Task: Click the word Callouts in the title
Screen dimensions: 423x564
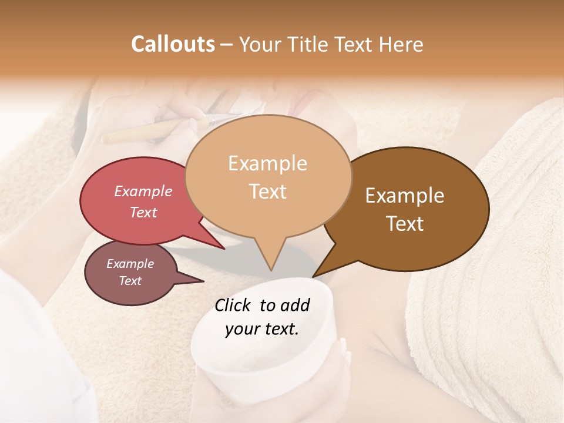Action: click(x=173, y=44)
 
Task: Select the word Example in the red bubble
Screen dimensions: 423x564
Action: click(x=143, y=191)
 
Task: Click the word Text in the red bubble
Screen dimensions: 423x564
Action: click(x=143, y=212)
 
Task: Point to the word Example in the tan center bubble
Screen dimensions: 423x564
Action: click(x=267, y=163)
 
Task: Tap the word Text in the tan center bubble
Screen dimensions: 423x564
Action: click(x=267, y=191)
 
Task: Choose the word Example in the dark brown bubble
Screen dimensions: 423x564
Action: click(x=405, y=196)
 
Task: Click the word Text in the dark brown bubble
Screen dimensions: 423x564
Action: click(x=405, y=223)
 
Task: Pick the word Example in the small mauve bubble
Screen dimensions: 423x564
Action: click(x=130, y=264)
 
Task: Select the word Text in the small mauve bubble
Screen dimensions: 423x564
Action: click(x=130, y=281)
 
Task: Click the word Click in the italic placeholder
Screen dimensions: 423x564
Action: click(x=234, y=305)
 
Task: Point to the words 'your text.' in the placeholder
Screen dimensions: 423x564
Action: click(x=261, y=329)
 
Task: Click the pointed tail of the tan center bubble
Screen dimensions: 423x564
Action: click(x=270, y=264)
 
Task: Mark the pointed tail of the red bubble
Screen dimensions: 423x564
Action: click(x=217, y=244)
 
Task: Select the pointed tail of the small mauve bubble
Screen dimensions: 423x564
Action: click(x=197, y=281)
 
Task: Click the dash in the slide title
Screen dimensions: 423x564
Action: click(x=227, y=44)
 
